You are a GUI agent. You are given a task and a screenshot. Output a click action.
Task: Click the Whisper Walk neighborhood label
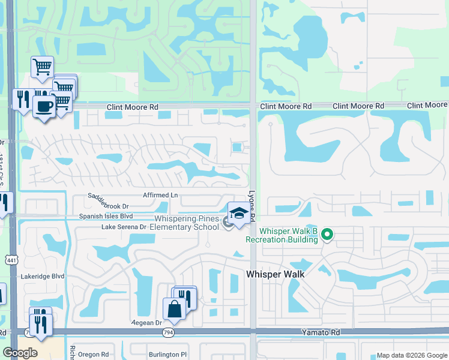click(276, 274)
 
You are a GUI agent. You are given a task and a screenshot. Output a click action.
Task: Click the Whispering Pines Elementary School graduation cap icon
click(238, 214)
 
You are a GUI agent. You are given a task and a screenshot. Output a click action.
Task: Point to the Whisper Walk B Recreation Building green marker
click(327, 234)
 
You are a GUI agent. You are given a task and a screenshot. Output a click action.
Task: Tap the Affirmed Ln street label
click(161, 196)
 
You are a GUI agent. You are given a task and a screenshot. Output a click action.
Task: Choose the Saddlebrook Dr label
click(108, 201)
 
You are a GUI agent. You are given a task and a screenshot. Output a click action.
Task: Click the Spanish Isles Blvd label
click(106, 216)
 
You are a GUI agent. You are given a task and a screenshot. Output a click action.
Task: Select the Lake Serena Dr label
click(124, 227)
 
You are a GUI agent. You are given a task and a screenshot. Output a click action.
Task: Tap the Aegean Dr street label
click(147, 322)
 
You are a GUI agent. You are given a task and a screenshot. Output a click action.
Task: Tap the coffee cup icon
click(43, 106)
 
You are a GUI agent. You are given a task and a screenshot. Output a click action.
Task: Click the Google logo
click(19, 353)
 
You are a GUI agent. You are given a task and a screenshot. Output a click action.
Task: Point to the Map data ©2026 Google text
click(411, 355)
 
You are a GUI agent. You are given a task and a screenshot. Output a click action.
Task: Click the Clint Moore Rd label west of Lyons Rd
click(132, 107)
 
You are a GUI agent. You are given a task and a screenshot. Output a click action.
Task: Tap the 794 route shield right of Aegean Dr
click(171, 331)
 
